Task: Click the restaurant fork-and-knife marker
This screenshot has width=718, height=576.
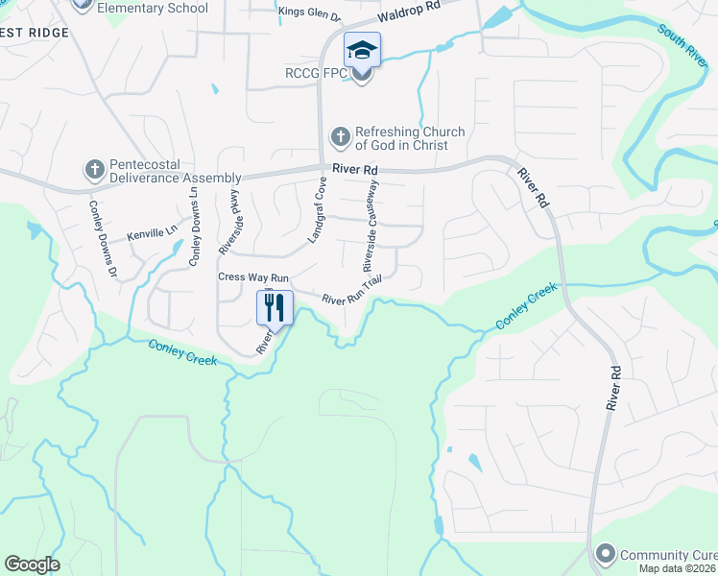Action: point(275,307)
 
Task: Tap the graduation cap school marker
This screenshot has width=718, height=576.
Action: point(362,50)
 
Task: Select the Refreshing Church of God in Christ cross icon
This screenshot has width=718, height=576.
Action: point(340,138)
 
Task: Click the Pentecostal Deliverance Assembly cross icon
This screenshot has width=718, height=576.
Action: point(94,170)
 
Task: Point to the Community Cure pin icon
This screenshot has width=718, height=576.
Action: point(605,554)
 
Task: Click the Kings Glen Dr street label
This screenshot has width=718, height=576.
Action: point(309,15)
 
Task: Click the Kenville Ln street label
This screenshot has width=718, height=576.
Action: point(153,233)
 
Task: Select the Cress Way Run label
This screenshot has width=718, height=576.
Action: point(248,277)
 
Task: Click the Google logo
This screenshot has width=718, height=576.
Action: point(33,564)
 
